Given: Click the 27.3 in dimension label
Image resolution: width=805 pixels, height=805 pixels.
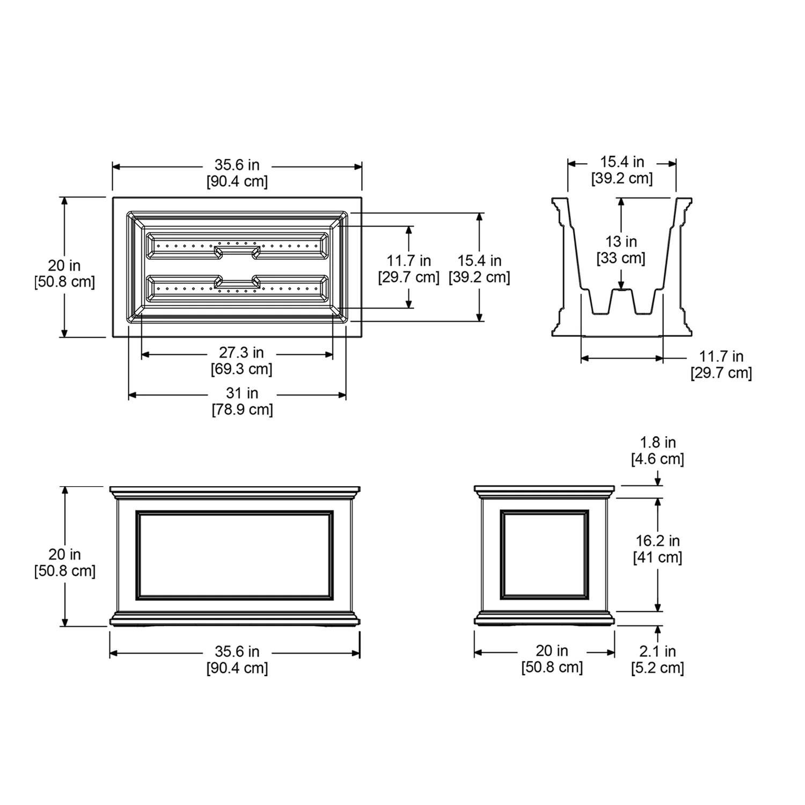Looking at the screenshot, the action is click(x=241, y=353).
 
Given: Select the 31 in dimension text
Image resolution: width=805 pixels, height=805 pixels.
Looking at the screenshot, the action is click(x=242, y=393).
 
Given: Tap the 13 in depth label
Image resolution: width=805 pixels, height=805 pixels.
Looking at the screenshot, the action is click(x=621, y=241).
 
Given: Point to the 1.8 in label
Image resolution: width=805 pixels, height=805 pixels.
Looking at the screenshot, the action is click(x=657, y=443).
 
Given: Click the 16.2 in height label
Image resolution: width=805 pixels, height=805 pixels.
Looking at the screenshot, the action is click(x=658, y=541).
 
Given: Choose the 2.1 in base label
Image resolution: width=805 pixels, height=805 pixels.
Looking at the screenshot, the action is click(x=657, y=652).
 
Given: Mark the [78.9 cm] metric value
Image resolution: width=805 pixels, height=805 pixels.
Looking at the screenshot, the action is click(x=242, y=410).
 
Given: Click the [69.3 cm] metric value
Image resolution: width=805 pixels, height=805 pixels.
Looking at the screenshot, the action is click(x=241, y=369).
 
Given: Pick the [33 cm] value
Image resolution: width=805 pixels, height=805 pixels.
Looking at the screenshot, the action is click(x=621, y=258).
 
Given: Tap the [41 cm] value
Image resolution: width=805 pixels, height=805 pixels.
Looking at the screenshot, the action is click(x=658, y=558).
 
